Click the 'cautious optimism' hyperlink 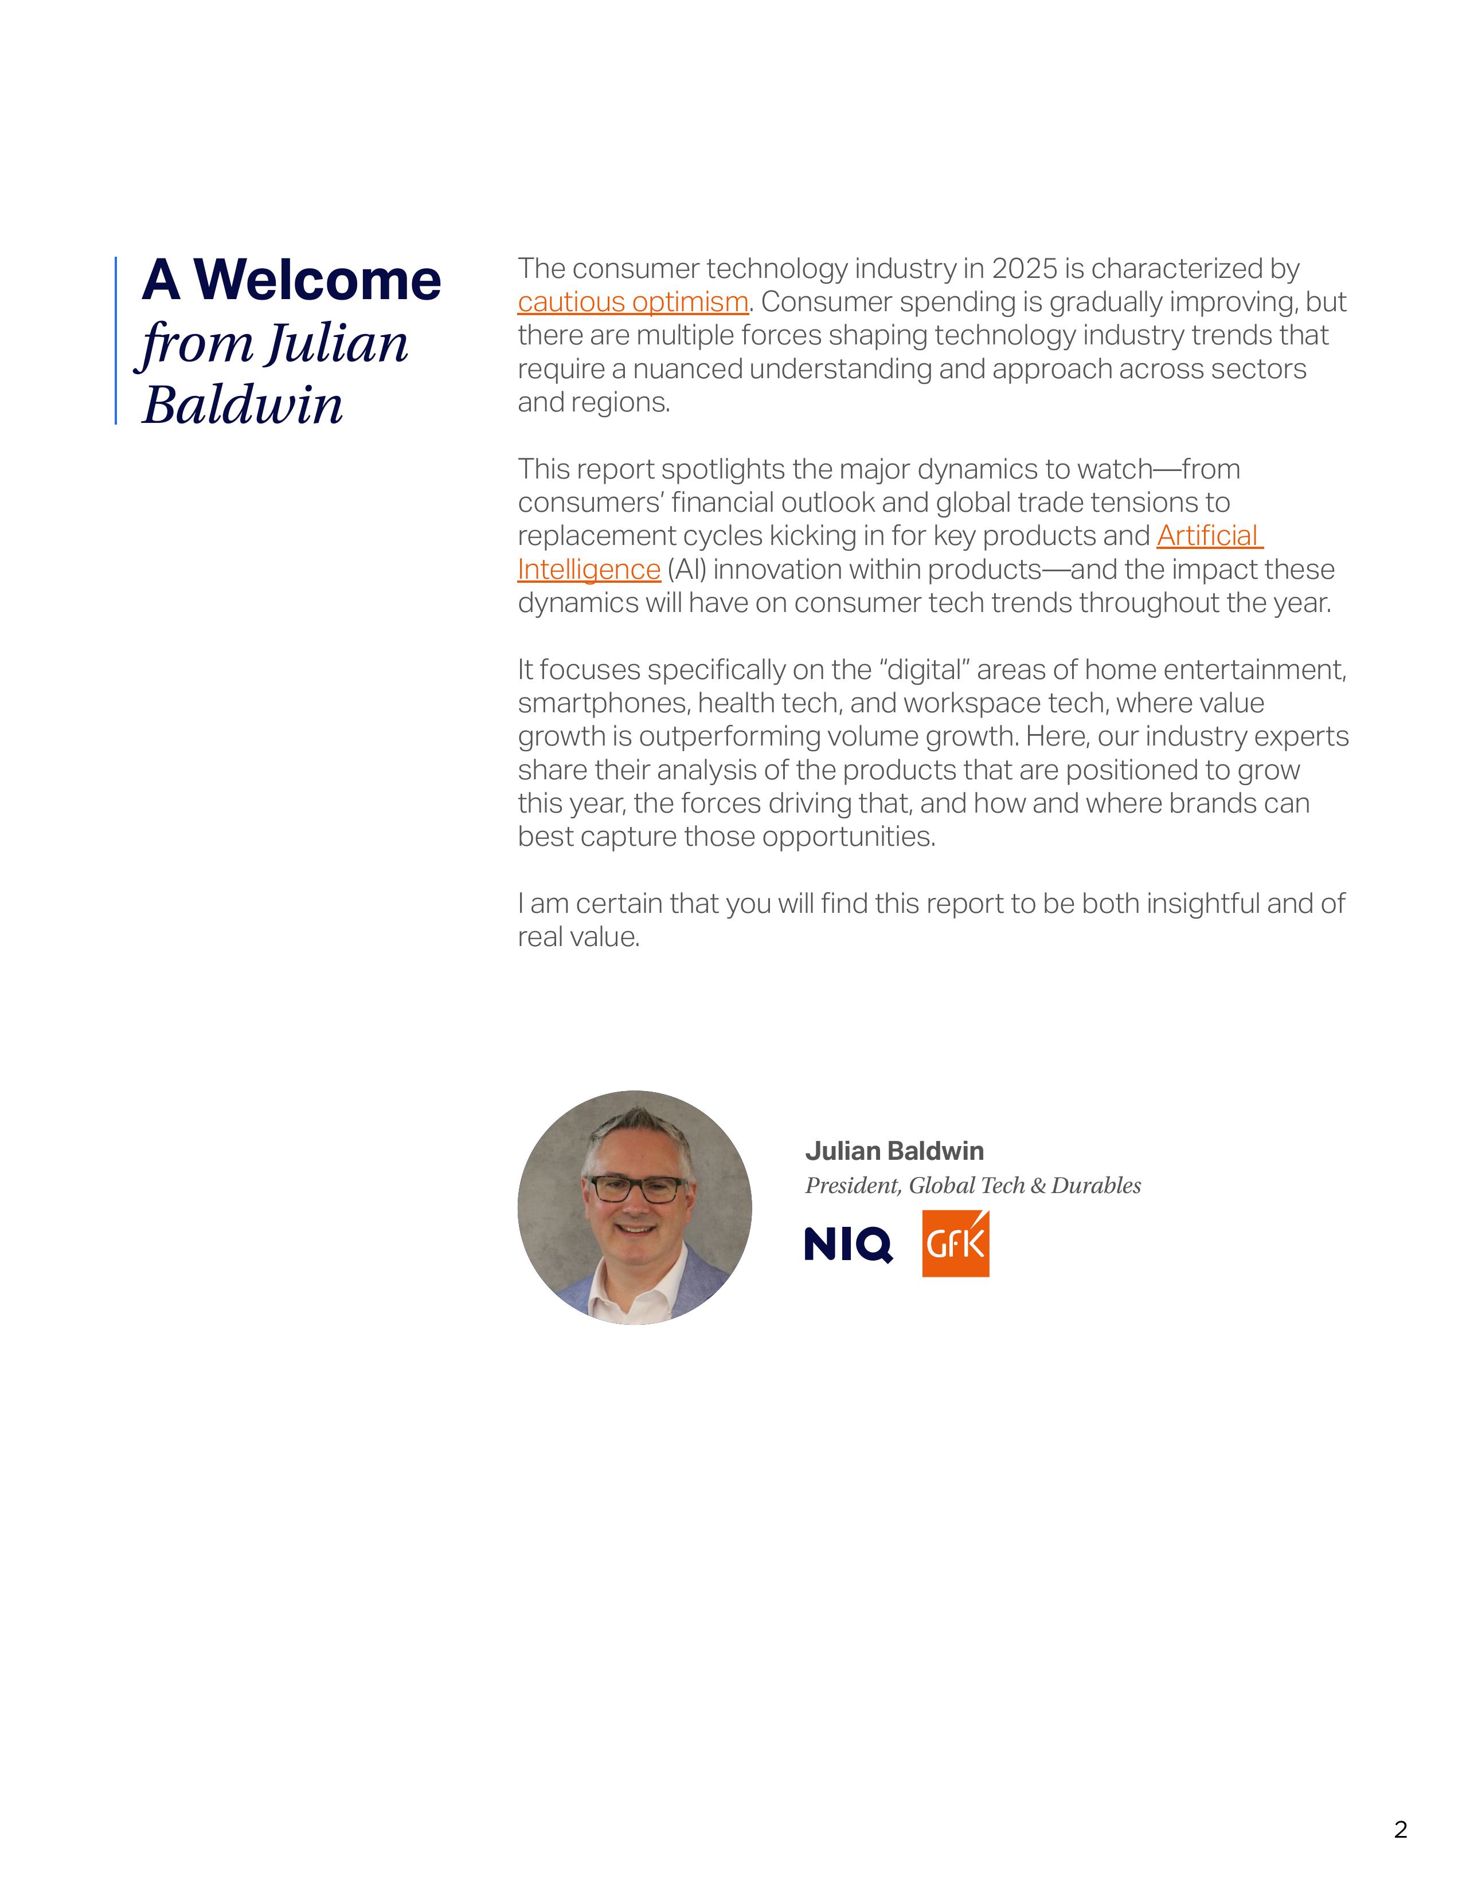[x=632, y=302]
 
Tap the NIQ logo [x=848, y=1245]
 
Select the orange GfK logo [x=955, y=1244]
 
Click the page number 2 [x=1401, y=1830]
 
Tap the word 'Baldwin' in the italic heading [x=243, y=405]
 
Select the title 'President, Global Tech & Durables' [x=972, y=1186]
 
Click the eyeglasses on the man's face [x=636, y=1189]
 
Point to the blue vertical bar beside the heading [x=116, y=340]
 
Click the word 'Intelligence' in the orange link [x=589, y=570]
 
